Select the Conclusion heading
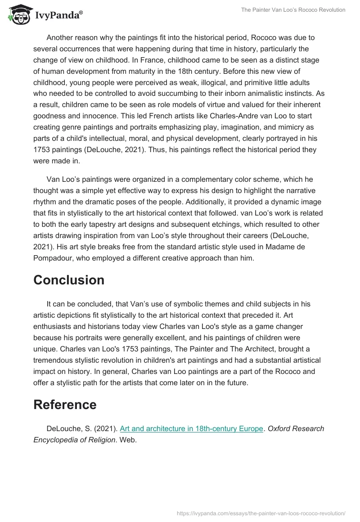(69, 280)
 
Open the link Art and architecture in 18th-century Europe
(191, 429)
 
